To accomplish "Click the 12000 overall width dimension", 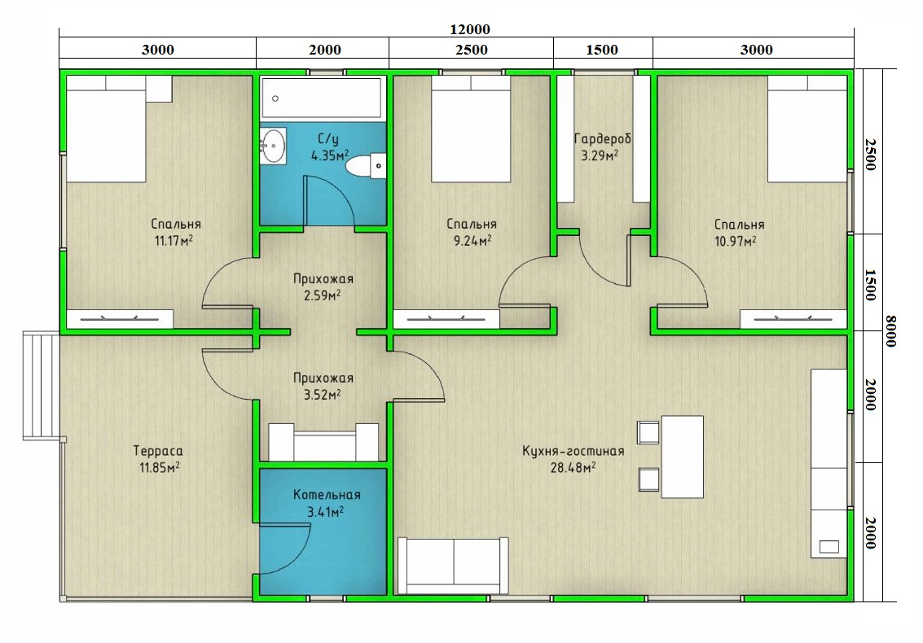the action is click(470, 28).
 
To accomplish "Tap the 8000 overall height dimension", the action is click(890, 331).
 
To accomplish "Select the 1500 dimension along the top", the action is click(601, 50).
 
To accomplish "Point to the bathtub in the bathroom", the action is click(322, 98).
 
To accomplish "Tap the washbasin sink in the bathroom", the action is click(273, 146).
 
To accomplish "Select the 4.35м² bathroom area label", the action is click(330, 155).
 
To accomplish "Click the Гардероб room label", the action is click(602, 139).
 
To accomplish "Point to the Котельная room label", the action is click(327, 495).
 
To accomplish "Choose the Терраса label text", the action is click(158, 451).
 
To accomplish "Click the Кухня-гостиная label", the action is click(573, 451).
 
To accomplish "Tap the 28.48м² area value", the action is click(573, 468).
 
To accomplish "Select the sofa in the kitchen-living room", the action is click(453, 566).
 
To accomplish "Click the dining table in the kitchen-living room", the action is click(682, 457).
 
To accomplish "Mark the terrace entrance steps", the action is click(42, 385).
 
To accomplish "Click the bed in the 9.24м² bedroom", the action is click(471, 129).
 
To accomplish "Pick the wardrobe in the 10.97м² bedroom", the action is click(793, 319).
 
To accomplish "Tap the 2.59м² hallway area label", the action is click(322, 295).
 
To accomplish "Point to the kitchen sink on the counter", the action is click(829, 546).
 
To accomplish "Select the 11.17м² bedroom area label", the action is click(174, 241).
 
